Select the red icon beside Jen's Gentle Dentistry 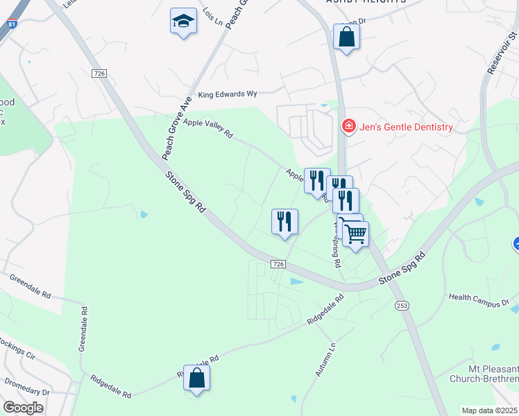coord(348,126)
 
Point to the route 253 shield coord(402,305)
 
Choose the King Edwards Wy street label coord(228,94)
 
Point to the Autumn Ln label coord(325,359)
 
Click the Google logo coord(23,408)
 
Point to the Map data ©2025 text coord(489,410)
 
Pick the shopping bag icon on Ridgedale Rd coord(197,378)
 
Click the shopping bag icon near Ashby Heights coord(346,37)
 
